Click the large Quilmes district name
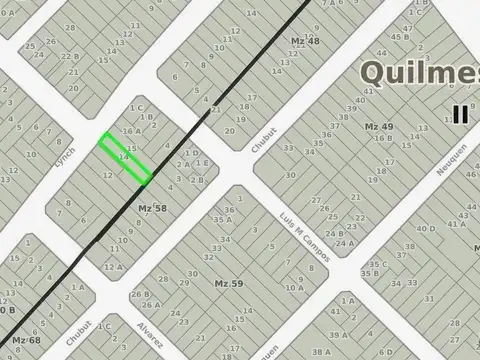coord(418,72)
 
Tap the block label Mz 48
coord(305,40)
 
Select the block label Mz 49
coord(378,127)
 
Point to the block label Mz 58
coord(152,207)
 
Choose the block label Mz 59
coord(229,284)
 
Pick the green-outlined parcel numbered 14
coord(125,158)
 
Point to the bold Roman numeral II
coord(459,113)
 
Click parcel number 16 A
coord(129,131)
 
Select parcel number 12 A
coord(114,266)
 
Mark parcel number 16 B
coord(383,138)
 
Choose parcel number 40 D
coord(426,229)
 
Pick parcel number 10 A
coord(294,288)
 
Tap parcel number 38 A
coord(321,351)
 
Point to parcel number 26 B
coord(139,294)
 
